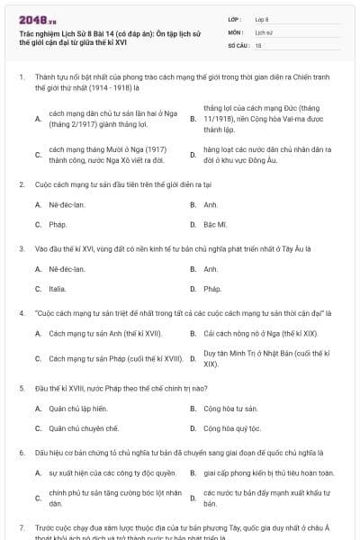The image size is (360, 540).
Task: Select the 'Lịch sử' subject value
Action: click(x=263, y=31)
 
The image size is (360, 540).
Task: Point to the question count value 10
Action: click(x=258, y=44)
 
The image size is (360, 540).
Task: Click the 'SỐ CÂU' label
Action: click(x=237, y=44)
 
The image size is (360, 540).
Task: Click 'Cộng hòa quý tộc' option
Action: click(x=238, y=428)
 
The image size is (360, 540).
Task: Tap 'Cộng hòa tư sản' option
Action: click(x=236, y=409)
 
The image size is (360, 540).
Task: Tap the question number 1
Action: click(x=21, y=78)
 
